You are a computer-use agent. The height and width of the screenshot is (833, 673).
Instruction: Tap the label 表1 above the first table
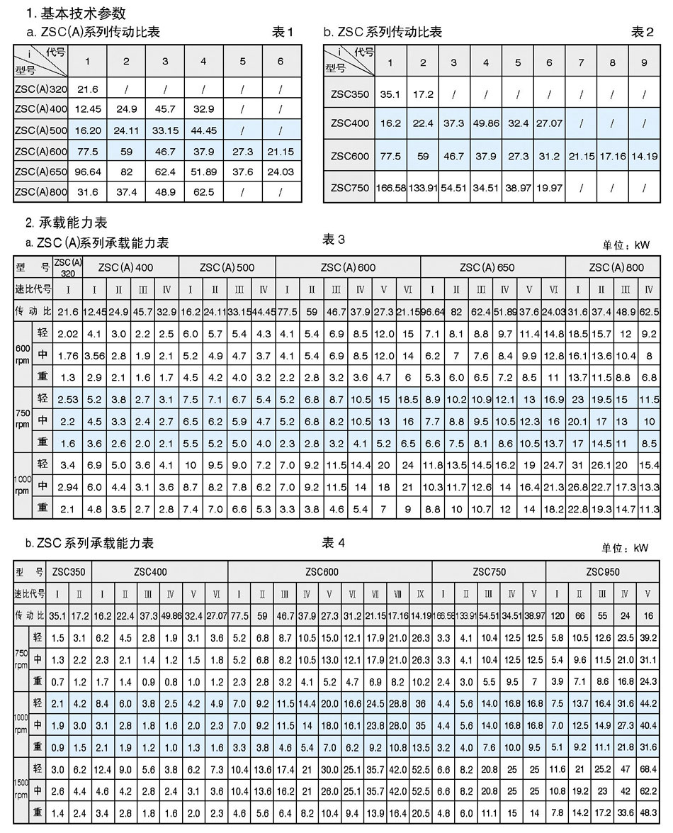[x=283, y=32]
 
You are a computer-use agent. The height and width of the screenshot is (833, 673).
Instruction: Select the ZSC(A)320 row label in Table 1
[x=40, y=89]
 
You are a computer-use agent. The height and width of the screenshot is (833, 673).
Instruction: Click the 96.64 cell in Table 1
[x=87, y=171]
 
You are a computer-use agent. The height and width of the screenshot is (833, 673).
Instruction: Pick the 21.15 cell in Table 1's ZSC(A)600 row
[x=281, y=150]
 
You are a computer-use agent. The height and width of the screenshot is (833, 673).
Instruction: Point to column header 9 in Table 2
[x=643, y=62]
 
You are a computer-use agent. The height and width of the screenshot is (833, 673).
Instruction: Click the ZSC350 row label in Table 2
[x=350, y=94]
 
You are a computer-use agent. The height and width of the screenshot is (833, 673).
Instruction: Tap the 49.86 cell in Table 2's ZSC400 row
[x=485, y=123]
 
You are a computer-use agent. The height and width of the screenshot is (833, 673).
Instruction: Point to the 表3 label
[x=333, y=240]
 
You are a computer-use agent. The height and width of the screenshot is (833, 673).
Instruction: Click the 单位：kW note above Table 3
[x=626, y=245]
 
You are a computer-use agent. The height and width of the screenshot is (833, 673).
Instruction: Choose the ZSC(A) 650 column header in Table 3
[x=487, y=268]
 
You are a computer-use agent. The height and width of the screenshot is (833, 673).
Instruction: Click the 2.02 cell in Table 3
[x=67, y=333]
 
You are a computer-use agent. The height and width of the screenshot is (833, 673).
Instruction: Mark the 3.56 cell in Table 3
[x=94, y=354]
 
